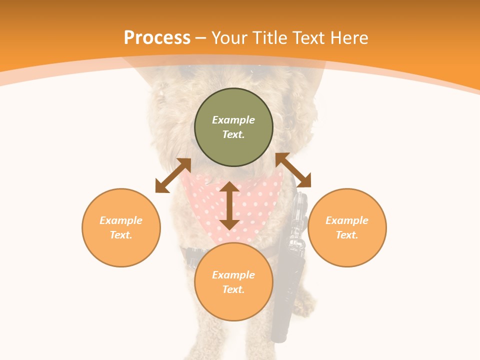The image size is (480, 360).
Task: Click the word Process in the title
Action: pos(157,38)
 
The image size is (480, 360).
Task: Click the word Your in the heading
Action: pos(230,38)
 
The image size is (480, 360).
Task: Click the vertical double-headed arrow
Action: pos(229,205)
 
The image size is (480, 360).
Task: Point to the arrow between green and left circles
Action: pos(173,175)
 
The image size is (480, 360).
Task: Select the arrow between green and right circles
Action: pos(293,170)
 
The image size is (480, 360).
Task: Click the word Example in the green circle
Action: pos(233,120)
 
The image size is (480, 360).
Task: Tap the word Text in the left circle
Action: pos(121,235)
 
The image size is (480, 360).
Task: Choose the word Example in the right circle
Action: pos(347,220)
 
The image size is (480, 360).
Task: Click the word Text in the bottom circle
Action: pos(233,289)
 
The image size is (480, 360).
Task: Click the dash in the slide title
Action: pos(201,38)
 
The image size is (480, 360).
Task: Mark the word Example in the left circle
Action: pos(121,220)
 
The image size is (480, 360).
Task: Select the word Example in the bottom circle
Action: pos(233,275)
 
